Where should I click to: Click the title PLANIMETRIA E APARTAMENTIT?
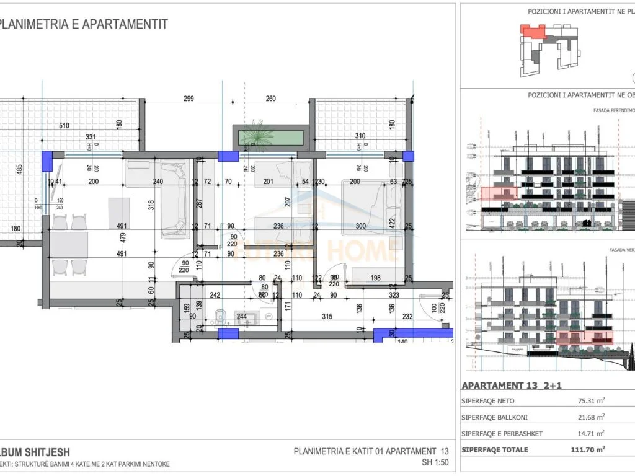(84, 24)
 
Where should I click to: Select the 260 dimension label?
(270, 99)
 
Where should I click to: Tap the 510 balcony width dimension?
(81, 126)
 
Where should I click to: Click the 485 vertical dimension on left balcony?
(19, 169)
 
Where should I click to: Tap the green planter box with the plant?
(270, 136)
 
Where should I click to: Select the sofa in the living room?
(173, 199)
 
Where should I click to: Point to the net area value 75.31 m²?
(591, 401)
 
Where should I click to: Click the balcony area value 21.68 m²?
(591, 417)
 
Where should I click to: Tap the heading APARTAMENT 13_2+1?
(512, 385)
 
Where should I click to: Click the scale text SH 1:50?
(435, 462)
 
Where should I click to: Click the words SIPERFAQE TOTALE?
(495, 449)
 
